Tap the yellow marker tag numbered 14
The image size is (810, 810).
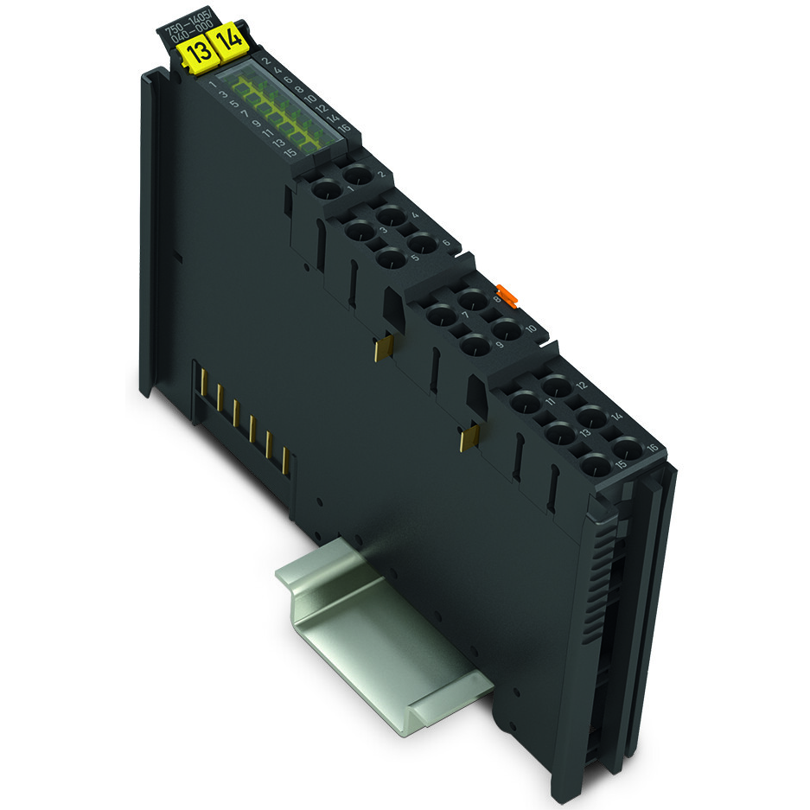(228, 41)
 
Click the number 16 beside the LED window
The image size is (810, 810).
(344, 128)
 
